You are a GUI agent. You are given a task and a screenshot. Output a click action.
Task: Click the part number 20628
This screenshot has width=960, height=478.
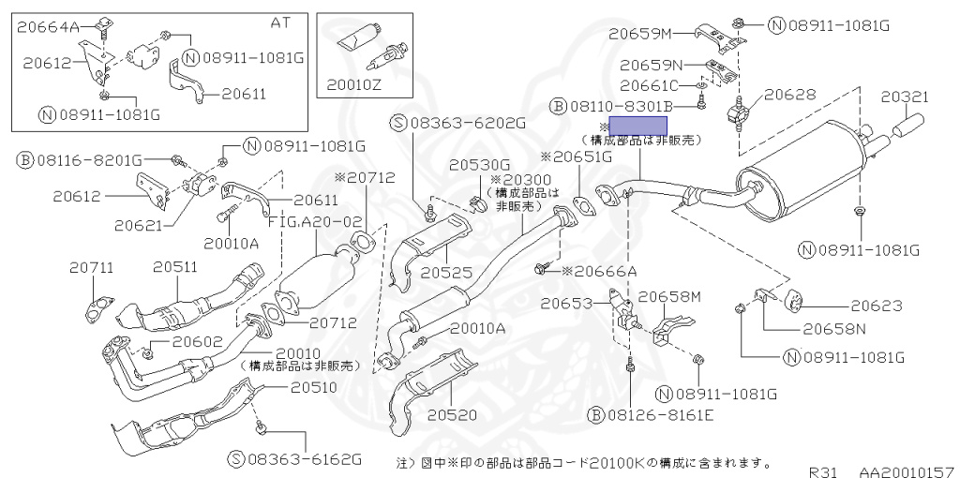(790, 95)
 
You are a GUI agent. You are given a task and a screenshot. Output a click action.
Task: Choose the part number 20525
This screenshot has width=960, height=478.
(445, 273)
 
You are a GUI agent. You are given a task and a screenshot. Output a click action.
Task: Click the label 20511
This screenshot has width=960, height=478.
(175, 267)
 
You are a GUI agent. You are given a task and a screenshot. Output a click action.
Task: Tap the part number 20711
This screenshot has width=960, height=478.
(91, 267)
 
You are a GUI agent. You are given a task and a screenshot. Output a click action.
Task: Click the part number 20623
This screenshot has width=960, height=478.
(877, 305)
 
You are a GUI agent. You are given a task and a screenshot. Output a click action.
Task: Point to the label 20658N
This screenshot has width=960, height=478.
(832, 329)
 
